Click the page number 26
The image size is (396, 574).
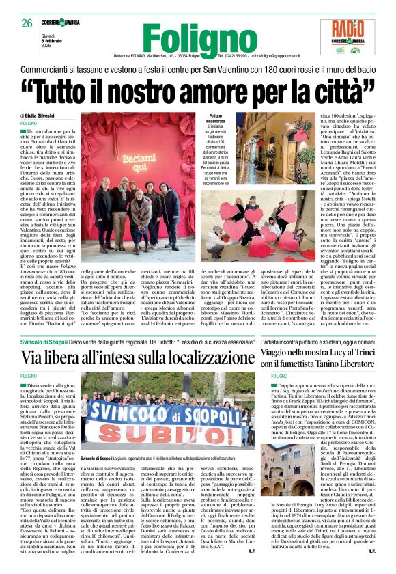27,23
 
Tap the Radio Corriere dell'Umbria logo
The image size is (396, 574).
352,36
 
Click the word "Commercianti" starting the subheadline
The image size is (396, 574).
49,69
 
